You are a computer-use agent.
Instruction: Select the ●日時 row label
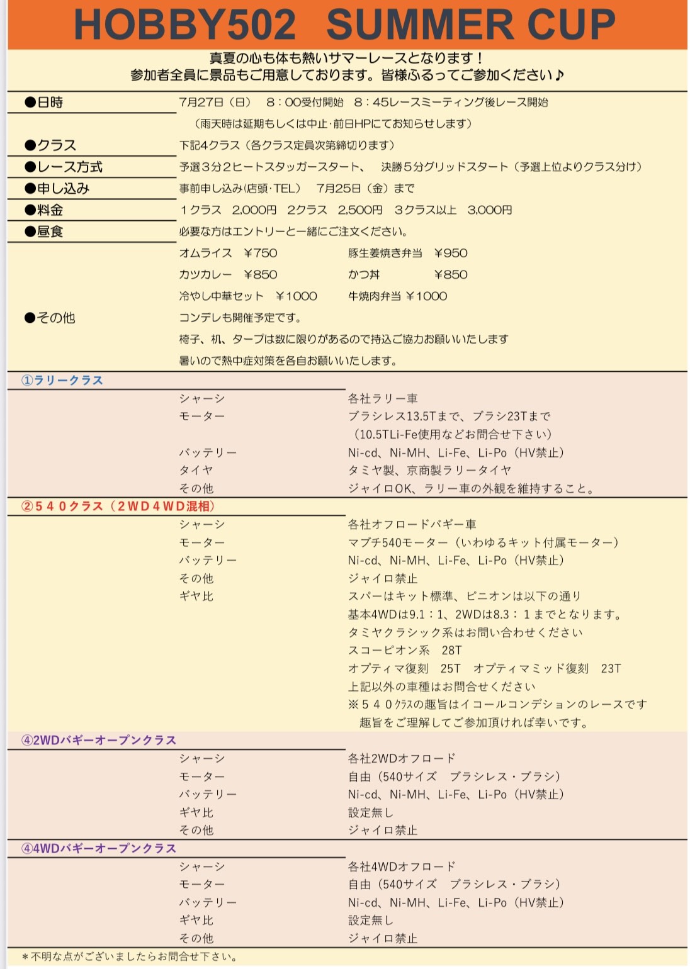44,103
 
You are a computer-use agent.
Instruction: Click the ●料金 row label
44,210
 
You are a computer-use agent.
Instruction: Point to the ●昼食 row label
44,232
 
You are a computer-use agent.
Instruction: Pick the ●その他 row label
50,318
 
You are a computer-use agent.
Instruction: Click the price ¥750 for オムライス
261,253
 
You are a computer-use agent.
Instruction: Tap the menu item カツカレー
205,274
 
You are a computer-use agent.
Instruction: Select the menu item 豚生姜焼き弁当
385,253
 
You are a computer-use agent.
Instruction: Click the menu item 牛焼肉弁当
374,296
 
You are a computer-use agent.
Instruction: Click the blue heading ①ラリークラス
62,380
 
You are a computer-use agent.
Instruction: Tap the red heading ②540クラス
118,507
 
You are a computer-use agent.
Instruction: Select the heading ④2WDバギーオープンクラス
99,740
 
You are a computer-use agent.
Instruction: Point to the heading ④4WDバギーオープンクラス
99,848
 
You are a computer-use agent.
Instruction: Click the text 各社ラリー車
383,398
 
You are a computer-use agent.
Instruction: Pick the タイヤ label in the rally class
196,470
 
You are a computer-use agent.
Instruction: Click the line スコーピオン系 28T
405,650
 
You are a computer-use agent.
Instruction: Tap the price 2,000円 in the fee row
254,210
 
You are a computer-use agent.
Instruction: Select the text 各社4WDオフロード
402,866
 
